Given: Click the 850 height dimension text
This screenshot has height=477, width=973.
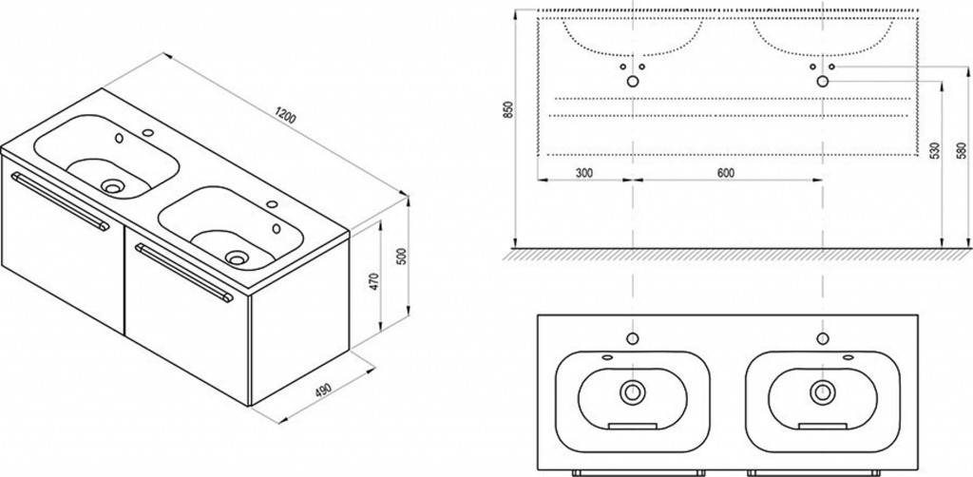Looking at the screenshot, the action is [509, 110].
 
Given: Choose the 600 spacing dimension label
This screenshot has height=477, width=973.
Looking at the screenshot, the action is [725, 173].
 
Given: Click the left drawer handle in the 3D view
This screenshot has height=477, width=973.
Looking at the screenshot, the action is [60, 200].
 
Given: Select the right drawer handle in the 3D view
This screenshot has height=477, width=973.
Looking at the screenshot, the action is [184, 273].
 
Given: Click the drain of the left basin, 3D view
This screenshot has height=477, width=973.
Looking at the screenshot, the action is [113, 185].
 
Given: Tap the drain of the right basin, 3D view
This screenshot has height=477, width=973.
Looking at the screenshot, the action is [237, 256].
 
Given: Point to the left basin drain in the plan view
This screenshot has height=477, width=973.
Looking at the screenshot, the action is [632, 391].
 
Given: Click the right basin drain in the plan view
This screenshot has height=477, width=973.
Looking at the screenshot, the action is [822, 391].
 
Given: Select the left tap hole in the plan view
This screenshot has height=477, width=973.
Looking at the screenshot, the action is [632, 338].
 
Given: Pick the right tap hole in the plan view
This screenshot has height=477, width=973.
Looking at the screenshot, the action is [823, 338].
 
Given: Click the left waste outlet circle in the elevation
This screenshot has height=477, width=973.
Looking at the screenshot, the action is [632, 82].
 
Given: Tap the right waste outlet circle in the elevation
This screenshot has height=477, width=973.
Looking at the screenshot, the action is [822, 82].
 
